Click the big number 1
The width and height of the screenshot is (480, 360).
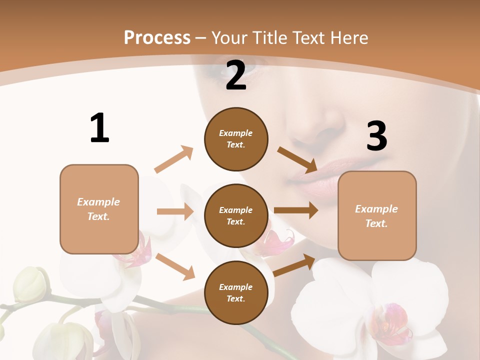coord(99,128)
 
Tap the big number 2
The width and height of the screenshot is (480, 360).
coord(236,75)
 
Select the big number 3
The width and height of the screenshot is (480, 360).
coord(376,136)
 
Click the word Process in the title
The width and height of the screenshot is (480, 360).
coord(157,37)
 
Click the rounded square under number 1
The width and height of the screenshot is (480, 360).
coord(99,209)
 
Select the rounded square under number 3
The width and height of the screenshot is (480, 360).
coord(377,215)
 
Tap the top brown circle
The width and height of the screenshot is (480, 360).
coord(236,139)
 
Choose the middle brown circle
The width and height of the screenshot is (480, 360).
coord(236,215)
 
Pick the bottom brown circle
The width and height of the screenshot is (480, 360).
coord(236,292)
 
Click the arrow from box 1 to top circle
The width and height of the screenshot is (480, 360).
coord(174,159)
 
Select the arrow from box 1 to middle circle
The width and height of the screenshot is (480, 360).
coord(175,211)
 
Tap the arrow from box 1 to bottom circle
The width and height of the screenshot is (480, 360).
coord(175,266)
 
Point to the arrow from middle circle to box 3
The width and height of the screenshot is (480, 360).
coord(296,210)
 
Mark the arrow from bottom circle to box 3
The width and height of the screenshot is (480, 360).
coord(294,265)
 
